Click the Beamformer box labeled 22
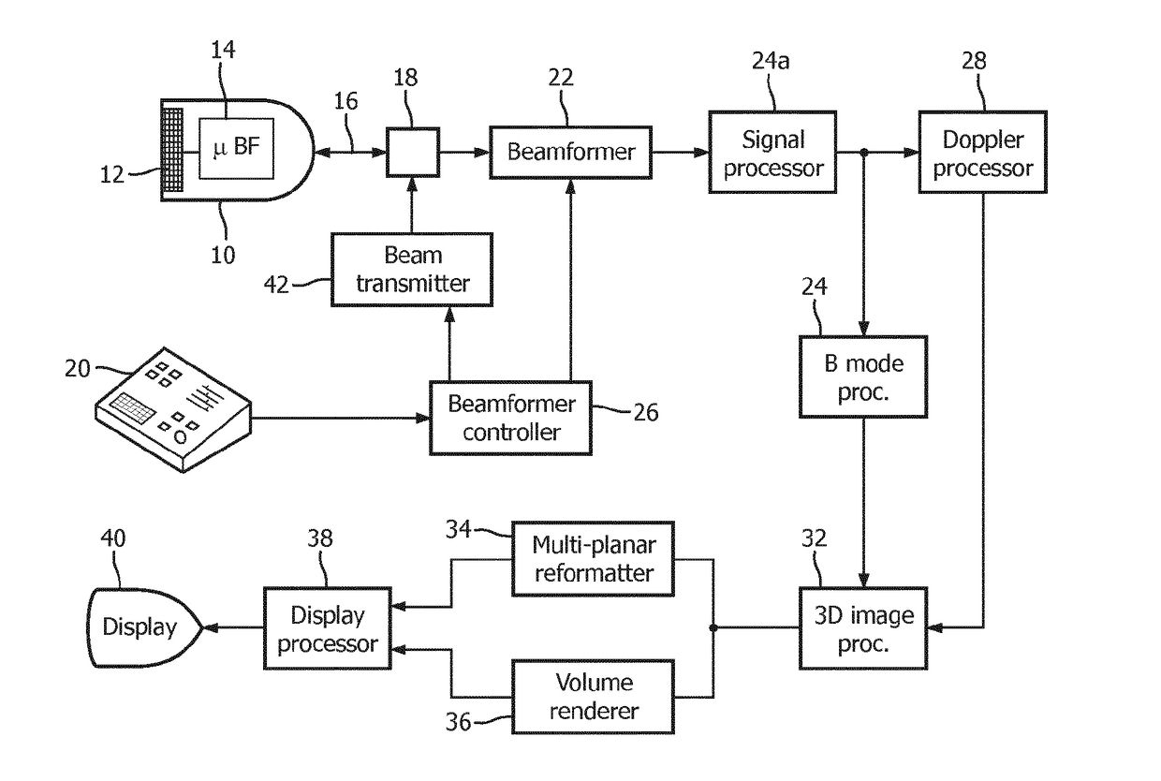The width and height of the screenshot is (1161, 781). click(x=570, y=153)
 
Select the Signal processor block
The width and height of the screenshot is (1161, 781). click(x=772, y=153)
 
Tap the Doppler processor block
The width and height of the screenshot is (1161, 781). click(x=983, y=153)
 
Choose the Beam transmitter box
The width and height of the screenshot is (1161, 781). click(x=412, y=270)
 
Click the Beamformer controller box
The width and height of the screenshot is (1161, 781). click(x=511, y=419)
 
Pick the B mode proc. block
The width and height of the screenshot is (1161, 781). click(x=863, y=376)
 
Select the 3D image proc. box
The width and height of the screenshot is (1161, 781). click(x=863, y=628)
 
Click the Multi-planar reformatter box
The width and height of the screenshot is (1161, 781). click(x=593, y=559)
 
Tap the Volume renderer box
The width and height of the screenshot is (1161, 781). click(x=593, y=697)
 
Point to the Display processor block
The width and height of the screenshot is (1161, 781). click(x=328, y=628)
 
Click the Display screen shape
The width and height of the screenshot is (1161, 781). click(x=143, y=627)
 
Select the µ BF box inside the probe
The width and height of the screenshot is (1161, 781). click(x=236, y=149)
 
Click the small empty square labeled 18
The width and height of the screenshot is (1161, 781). click(x=413, y=153)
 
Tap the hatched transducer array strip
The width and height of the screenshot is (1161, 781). click(x=172, y=150)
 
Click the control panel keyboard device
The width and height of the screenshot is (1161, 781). click(x=173, y=409)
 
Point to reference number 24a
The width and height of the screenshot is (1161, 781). click(x=771, y=61)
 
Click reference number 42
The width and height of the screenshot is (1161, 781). click(x=276, y=285)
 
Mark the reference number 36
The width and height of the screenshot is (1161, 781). click(x=458, y=722)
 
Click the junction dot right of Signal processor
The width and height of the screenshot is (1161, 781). click(x=864, y=153)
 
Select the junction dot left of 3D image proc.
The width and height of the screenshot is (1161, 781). click(x=713, y=628)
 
